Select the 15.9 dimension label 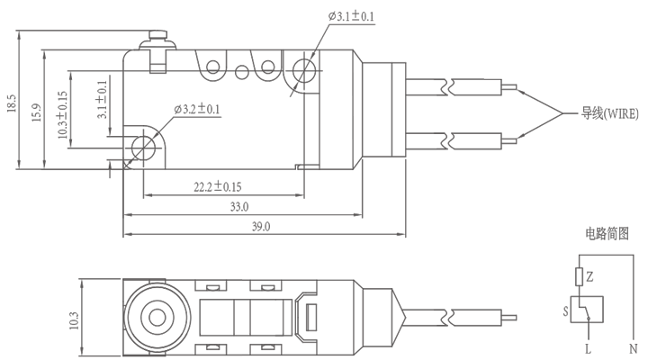[x=36, y=114]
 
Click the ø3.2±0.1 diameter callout [x=196, y=110]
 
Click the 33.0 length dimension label [x=238, y=207]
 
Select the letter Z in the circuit [x=589, y=276]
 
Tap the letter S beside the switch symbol [x=565, y=310]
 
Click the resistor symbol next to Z [x=578, y=275]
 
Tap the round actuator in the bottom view [x=154, y=318]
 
